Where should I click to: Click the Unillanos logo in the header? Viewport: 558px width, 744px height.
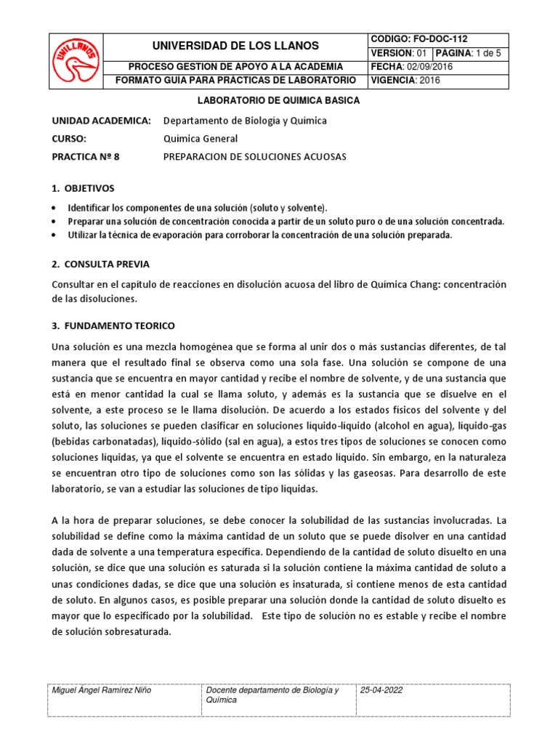pyautogui.click(x=78, y=60)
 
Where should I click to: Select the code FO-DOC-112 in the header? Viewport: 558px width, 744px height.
pyautogui.click(x=433, y=39)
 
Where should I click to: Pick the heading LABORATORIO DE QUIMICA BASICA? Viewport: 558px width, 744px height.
pyautogui.click(x=279, y=101)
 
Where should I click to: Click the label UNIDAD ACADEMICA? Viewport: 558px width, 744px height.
pyautogui.click(x=102, y=120)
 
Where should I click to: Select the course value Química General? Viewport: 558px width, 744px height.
pyautogui.click(x=200, y=138)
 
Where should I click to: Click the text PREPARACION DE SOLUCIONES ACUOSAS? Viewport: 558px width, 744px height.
pyautogui.click(x=255, y=156)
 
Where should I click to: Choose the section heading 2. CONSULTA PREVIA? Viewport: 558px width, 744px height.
pyautogui.click(x=101, y=264)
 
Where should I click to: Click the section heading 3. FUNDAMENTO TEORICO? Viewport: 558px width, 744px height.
pyautogui.click(x=114, y=325)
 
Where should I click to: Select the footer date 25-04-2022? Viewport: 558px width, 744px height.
pyautogui.click(x=381, y=690)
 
